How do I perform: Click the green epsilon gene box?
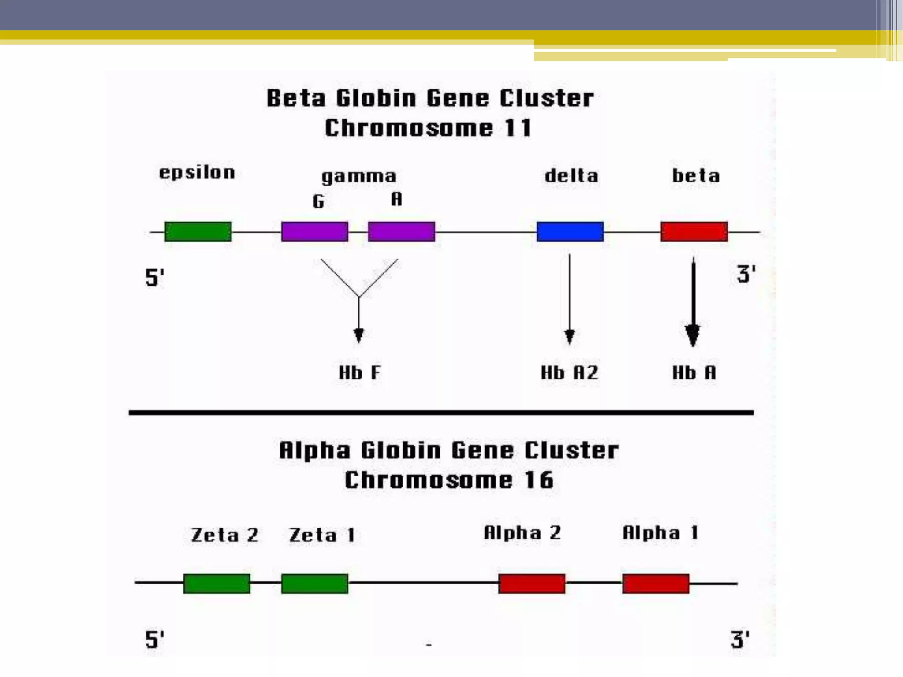(x=198, y=231)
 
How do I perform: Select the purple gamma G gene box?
(x=314, y=231)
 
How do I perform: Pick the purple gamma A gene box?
(x=401, y=231)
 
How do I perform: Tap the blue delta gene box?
(x=570, y=231)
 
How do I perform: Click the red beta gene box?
(x=694, y=231)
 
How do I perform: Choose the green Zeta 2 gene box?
(x=216, y=584)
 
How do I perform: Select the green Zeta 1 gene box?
(x=314, y=584)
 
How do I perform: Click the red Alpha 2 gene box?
(x=532, y=584)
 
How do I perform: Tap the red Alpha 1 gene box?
(x=656, y=584)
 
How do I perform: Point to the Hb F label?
(x=359, y=373)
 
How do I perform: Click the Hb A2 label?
(x=570, y=373)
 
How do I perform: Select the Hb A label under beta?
(x=694, y=373)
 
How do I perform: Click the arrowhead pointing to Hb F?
(x=359, y=335)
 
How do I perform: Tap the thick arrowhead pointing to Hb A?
(x=693, y=336)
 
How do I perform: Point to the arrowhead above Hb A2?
(x=570, y=336)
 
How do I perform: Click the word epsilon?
(x=197, y=172)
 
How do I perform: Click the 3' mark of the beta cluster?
(x=746, y=274)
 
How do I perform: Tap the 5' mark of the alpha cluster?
(x=154, y=640)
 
